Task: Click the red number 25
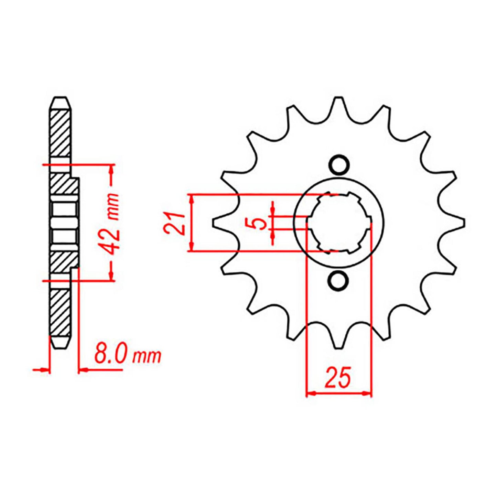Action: click(338, 377)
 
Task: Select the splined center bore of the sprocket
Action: click(339, 223)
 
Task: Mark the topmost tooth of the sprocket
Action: click(339, 102)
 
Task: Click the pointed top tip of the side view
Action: click(61, 98)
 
